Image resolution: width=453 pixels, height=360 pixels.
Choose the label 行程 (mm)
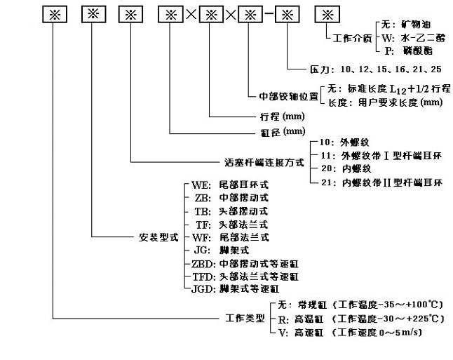[x=272, y=117]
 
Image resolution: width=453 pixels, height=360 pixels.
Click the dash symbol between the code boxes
[x=266, y=15]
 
